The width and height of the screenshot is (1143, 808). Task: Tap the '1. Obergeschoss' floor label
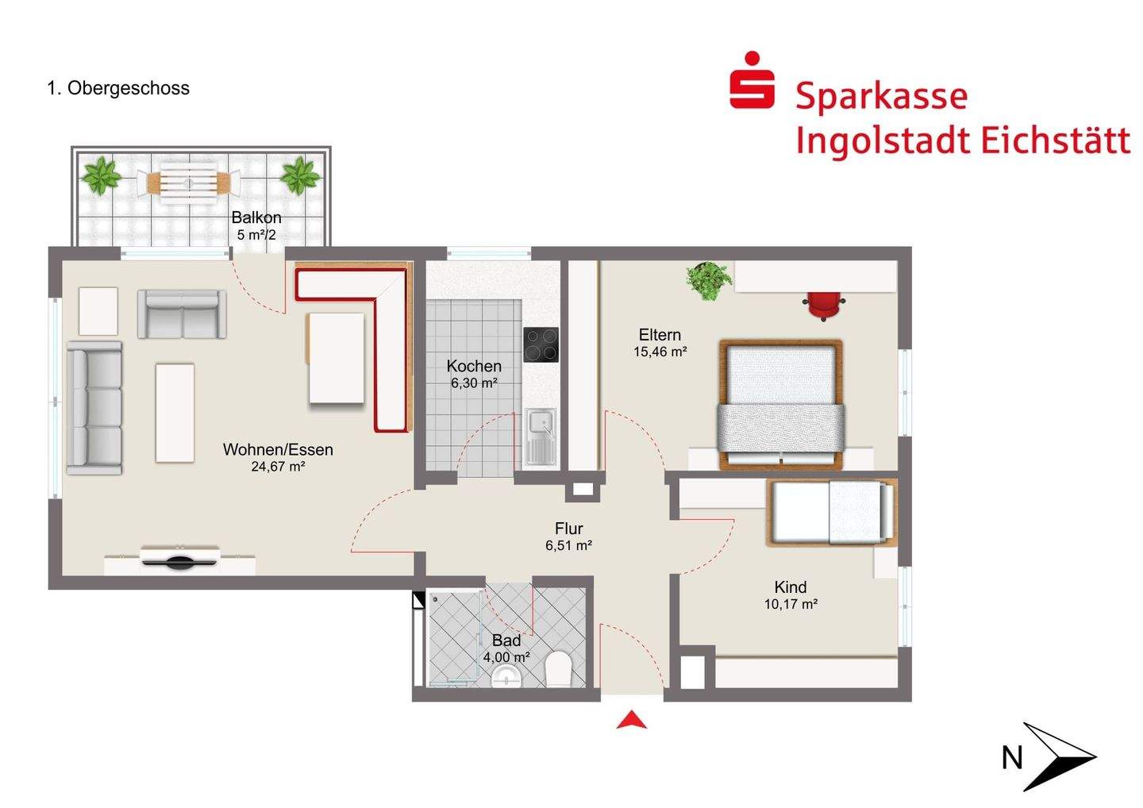point(118,88)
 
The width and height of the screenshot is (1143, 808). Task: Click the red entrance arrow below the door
point(632,720)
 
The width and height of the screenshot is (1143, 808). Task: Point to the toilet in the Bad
point(559,669)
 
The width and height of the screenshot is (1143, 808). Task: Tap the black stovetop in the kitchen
point(541,344)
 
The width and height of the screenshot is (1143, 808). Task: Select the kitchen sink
point(541,436)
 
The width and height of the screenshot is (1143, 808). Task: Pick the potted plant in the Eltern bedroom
point(709,280)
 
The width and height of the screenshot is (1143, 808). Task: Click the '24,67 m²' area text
point(278,467)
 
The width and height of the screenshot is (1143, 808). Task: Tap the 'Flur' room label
point(568,529)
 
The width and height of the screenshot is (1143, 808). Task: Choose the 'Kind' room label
point(790,587)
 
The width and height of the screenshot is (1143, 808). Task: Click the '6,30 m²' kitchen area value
point(474,383)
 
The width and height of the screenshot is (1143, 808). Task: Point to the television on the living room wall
point(180,557)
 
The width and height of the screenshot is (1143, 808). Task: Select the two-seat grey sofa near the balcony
point(182,314)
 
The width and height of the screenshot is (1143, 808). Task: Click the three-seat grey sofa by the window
point(94,408)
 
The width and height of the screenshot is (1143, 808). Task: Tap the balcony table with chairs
point(188,182)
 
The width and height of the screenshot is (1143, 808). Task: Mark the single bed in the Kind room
point(832,512)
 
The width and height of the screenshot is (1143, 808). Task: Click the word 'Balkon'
point(256,217)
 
